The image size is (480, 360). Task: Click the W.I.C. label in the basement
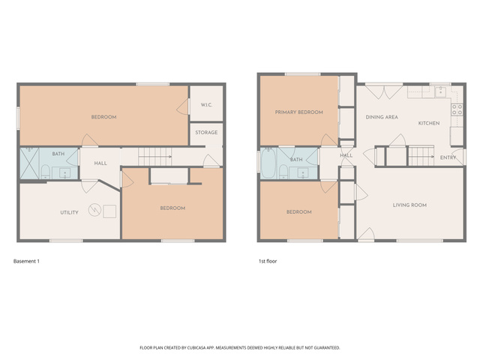click(206, 105)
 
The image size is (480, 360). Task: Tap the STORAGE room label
click(206, 132)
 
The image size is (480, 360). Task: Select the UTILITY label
click(69, 212)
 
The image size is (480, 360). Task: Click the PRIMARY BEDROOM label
click(298, 112)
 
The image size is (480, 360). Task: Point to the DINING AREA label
click(382, 117)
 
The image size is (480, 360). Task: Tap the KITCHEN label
click(429, 123)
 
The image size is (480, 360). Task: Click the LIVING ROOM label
click(409, 205)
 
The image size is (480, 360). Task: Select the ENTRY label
click(448, 157)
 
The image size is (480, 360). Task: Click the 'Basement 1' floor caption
click(26, 261)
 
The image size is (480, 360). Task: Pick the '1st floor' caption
click(268, 261)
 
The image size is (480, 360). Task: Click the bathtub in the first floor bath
click(268, 163)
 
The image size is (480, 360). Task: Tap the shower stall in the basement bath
click(29, 163)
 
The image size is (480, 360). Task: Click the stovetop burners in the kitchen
click(457, 109)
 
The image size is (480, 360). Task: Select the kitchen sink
click(441, 91)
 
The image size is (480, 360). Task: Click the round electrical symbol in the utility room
click(94, 210)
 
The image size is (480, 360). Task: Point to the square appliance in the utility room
click(109, 211)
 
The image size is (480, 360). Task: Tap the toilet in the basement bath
click(45, 172)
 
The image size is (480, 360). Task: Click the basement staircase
click(154, 157)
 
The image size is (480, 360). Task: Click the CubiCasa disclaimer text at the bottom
click(240, 348)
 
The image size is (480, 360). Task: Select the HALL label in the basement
click(100, 163)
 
